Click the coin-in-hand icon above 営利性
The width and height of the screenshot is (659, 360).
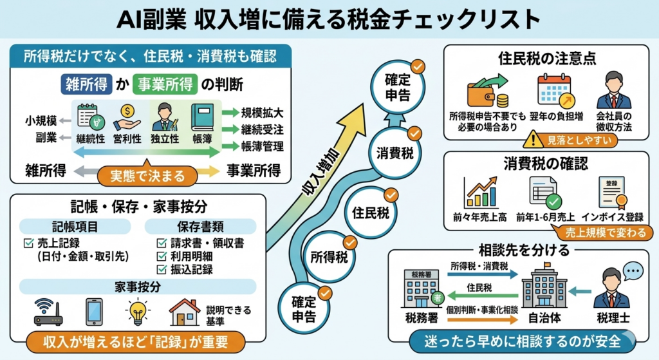pyautogui.click(x=127, y=117)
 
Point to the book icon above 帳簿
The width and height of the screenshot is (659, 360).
pyautogui.click(x=201, y=117)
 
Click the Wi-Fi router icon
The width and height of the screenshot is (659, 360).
pyautogui.click(x=48, y=312)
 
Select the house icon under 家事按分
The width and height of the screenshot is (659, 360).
pyautogui.click(x=184, y=312)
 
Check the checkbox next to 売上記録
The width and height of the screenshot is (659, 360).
pyautogui.click(x=28, y=243)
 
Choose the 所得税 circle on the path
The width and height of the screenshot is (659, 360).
pyautogui.click(x=329, y=258)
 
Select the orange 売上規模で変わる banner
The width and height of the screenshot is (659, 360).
pyautogui.click(x=602, y=232)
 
